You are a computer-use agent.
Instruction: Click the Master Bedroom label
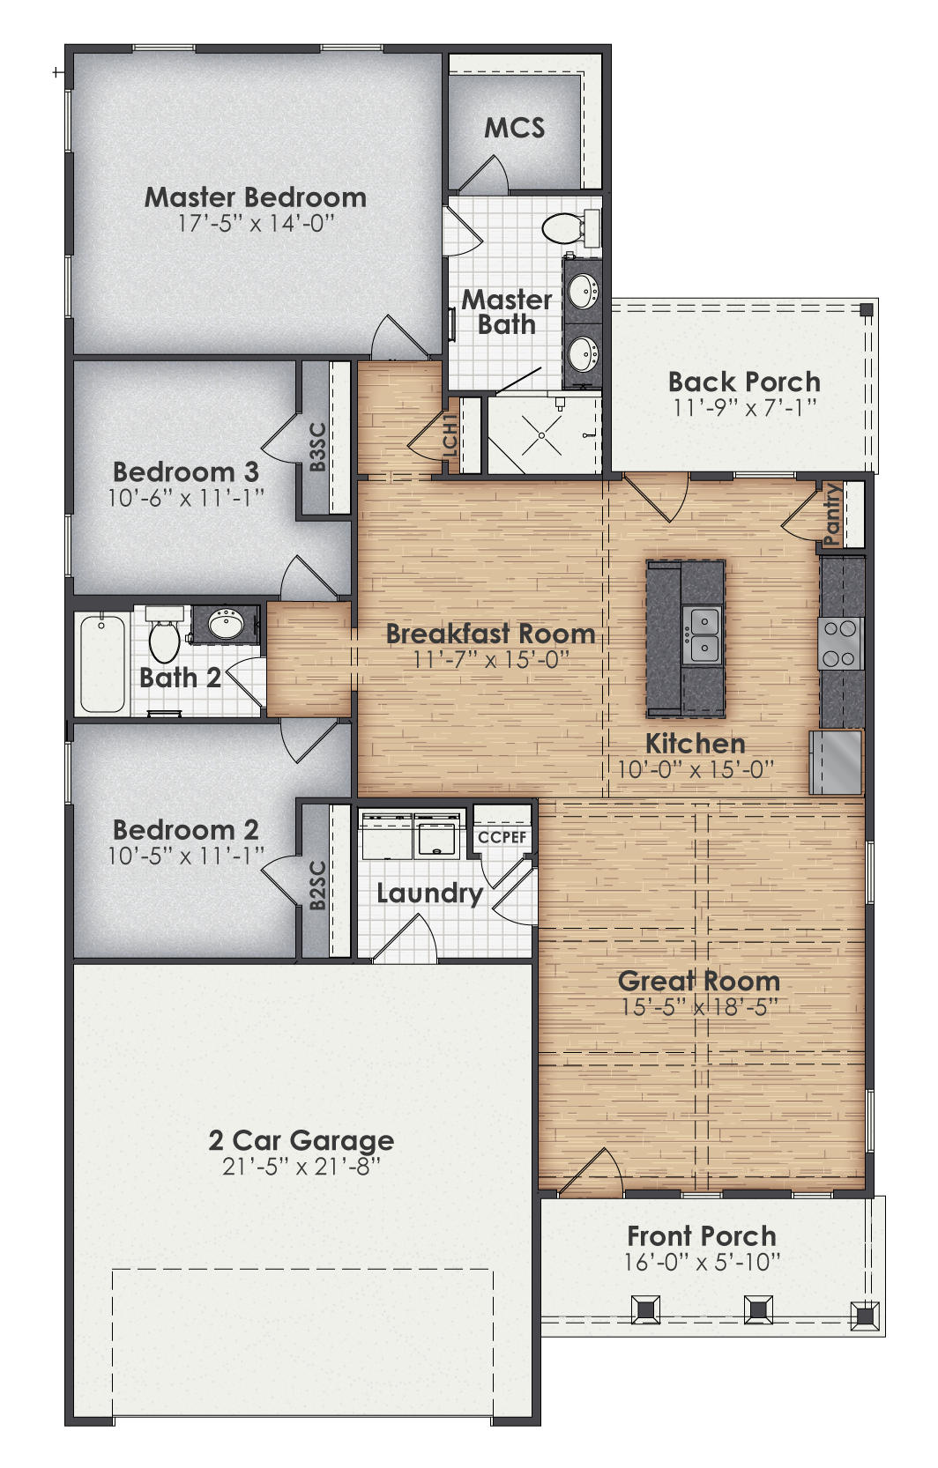pyautogui.click(x=256, y=196)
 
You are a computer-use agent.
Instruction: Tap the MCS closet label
pyautogui.click(x=515, y=129)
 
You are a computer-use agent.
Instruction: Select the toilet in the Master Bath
pyautogui.click(x=562, y=229)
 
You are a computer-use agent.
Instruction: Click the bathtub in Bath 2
pyautogui.click(x=102, y=663)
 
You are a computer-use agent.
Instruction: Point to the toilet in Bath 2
pyautogui.click(x=164, y=637)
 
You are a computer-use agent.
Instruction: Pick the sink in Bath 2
pyautogui.click(x=227, y=625)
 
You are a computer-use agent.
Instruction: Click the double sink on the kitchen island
pyautogui.click(x=703, y=634)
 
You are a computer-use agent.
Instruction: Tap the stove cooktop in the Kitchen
pyautogui.click(x=840, y=643)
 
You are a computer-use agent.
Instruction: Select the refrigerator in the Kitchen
pyautogui.click(x=836, y=761)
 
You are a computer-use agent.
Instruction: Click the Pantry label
pyautogui.click(x=832, y=515)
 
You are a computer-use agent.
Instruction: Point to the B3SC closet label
pyautogui.click(x=317, y=447)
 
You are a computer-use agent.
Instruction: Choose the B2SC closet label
pyautogui.click(x=317, y=885)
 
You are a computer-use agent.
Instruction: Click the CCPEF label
pyautogui.click(x=502, y=837)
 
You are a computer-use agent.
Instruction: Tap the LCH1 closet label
pyautogui.click(x=450, y=435)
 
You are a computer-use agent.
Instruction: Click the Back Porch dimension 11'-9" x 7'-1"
pyautogui.click(x=745, y=407)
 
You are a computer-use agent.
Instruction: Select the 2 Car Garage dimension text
pyautogui.click(x=301, y=1167)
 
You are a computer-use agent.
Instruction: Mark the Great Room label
pyautogui.click(x=699, y=981)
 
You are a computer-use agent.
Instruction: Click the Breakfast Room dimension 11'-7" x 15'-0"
pyautogui.click(x=491, y=659)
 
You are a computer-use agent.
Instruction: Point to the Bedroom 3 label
pyautogui.click(x=186, y=471)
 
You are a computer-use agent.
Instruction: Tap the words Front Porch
pyautogui.click(x=702, y=1235)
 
